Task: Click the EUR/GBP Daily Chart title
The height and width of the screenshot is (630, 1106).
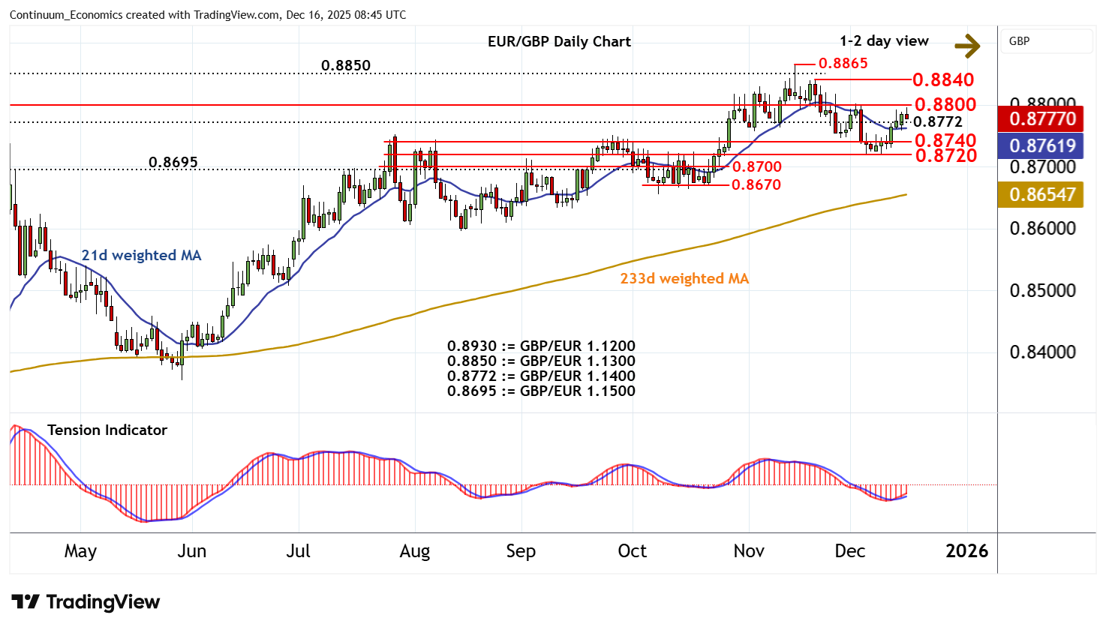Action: (559, 42)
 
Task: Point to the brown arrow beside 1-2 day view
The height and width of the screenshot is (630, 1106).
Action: (967, 46)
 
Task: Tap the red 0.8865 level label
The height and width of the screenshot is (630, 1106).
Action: (843, 64)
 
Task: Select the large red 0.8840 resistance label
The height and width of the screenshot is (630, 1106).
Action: (943, 80)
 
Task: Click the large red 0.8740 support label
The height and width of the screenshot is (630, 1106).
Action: (945, 141)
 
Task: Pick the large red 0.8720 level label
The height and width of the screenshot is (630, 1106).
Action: (945, 156)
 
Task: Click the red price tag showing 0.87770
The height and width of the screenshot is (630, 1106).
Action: (1042, 118)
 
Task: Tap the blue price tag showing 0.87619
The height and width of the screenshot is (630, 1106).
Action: (1042, 145)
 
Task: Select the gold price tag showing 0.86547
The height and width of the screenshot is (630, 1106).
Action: (1042, 195)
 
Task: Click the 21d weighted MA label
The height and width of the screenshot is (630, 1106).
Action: (141, 256)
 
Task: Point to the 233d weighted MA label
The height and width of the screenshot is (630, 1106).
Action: (684, 279)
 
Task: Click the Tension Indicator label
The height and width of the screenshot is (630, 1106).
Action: (107, 430)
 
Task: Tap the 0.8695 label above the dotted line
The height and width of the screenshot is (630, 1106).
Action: (173, 163)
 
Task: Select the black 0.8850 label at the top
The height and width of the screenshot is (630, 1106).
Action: (345, 66)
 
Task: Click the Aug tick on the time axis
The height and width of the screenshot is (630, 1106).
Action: (414, 552)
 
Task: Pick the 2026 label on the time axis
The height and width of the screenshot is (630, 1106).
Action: (966, 552)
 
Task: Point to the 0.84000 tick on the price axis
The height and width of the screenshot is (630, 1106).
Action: (1042, 352)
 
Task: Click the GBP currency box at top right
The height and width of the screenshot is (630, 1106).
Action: (1046, 41)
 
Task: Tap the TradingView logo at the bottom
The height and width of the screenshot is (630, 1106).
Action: (86, 602)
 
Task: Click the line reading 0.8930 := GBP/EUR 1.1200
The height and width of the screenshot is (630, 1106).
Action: (541, 346)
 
